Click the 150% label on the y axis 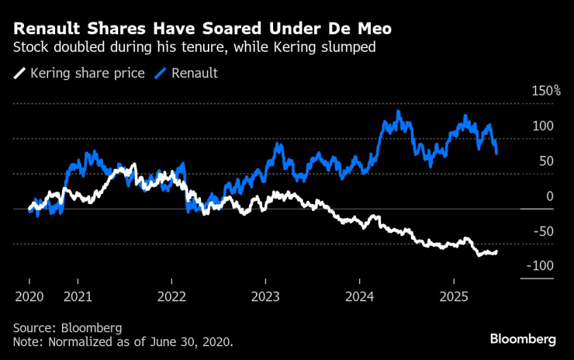click(545, 92)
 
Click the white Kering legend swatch click(19, 74)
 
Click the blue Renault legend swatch click(161, 74)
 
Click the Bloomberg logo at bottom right click(523, 339)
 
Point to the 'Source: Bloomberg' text click(67, 327)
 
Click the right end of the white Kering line click(496, 251)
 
